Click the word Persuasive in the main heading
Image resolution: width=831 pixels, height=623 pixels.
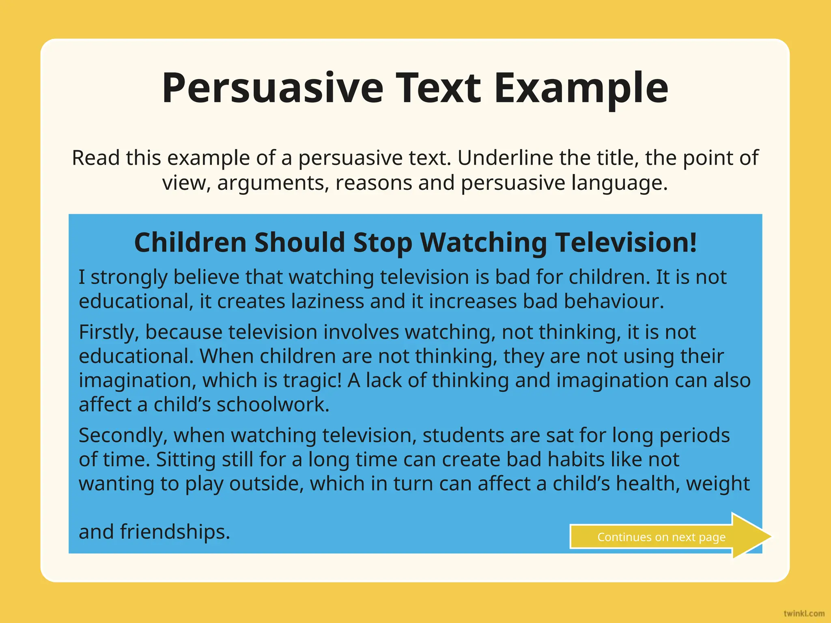[x=273, y=88]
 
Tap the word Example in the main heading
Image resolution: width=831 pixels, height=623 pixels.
[x=581, y=88]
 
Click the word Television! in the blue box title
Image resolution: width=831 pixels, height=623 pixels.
[x=626, y=243]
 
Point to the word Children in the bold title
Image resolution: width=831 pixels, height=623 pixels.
[x=190, y=243]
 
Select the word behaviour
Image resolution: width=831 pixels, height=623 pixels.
[x=614, y=301]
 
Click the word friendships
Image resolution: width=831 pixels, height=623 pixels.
[x=175, y=532]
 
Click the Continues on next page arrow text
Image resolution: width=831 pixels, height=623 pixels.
[x=661, y=537]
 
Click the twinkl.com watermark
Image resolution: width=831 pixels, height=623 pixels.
[x=804, y=613]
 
